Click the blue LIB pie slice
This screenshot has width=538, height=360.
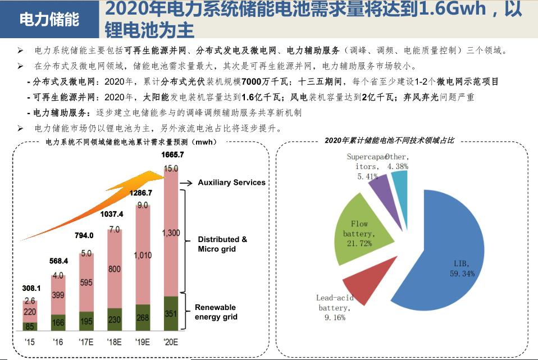coord(444,247)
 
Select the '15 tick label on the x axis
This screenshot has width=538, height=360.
coord(30,341)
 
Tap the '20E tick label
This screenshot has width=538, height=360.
coord(171,341)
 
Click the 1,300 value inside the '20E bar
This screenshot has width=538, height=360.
coord(171,233)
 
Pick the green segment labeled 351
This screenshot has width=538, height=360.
coord(171,313)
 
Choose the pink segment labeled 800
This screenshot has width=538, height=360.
coord(115,269)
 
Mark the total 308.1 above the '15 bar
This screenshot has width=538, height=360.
coord(31,288)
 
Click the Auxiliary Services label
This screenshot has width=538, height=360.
coord(231,183)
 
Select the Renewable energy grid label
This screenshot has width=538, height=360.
coord(216,312)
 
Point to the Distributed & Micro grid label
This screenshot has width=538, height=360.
coord(222,244)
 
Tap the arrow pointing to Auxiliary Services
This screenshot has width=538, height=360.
coord(186,183)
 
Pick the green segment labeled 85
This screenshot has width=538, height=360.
coord(29,326)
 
